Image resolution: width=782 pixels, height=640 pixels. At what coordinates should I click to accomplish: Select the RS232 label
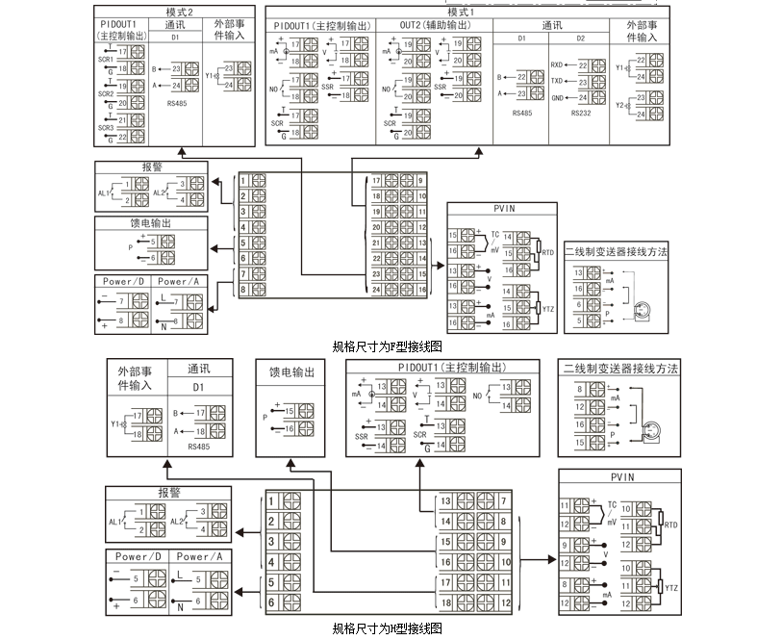pos(580,113)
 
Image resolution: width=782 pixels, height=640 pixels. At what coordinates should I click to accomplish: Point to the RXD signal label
pos(557,65)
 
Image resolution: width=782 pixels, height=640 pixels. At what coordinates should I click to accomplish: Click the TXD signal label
pos(557,82)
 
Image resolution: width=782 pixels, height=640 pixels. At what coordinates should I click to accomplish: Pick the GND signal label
pos(557,98)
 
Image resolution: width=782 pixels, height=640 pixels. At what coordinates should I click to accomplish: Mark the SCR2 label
pos(105,93)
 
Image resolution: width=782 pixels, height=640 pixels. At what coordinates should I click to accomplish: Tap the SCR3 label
pos(105,127)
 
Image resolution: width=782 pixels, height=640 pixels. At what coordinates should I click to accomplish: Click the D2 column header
pos(580,38)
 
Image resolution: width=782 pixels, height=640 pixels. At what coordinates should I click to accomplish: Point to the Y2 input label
pos(620,104)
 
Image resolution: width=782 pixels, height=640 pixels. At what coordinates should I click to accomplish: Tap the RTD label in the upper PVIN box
pos(548,251)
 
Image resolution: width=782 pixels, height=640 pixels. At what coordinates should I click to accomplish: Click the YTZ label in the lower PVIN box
pos(670,585)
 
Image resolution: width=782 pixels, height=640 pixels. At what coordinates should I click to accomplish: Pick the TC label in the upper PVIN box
pos(495,234)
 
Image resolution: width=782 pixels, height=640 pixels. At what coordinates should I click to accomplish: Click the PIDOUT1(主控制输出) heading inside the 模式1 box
pos(321,25)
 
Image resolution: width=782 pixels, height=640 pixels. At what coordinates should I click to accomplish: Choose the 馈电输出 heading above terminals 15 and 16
pos(290,372)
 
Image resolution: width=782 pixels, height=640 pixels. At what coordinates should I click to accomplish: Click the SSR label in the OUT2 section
pos(441,86)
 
